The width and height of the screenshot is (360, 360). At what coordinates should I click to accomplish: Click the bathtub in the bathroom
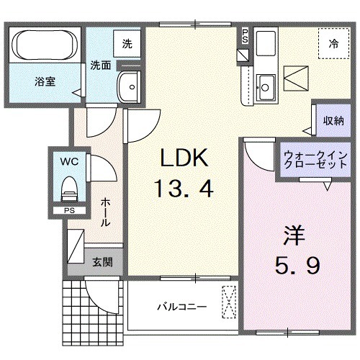[x=44, y=45]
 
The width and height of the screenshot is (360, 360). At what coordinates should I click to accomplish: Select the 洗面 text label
[x=100, y=65]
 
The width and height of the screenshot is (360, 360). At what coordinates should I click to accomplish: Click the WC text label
[x=68, y=160]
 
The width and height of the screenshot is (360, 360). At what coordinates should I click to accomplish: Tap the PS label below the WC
[x=68, y=211]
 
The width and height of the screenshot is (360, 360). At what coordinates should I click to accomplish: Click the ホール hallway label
[x=106, y=212]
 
